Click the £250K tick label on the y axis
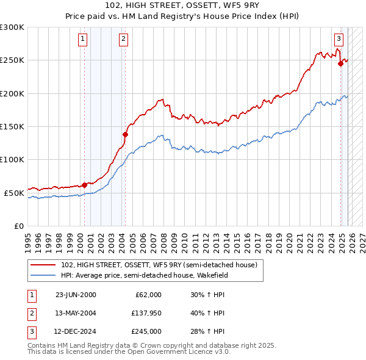click(x=12, y=60)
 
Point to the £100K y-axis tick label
click(x=12, y=159)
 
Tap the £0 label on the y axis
click(x=18, y=226)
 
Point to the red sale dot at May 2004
click(x=125, y=134)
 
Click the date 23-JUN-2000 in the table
click(x=76, y=295)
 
